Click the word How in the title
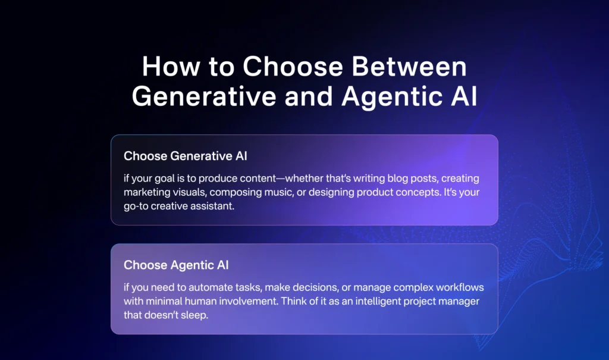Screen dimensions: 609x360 tap(171, 66)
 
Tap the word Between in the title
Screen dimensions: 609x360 tap(409, 66)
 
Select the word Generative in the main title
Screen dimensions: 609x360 tap(204, 96)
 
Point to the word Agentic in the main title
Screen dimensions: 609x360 tap(392, 97)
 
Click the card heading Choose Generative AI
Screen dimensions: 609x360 tap(186, 156)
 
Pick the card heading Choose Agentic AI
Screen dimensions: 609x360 tap(176, 265)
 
